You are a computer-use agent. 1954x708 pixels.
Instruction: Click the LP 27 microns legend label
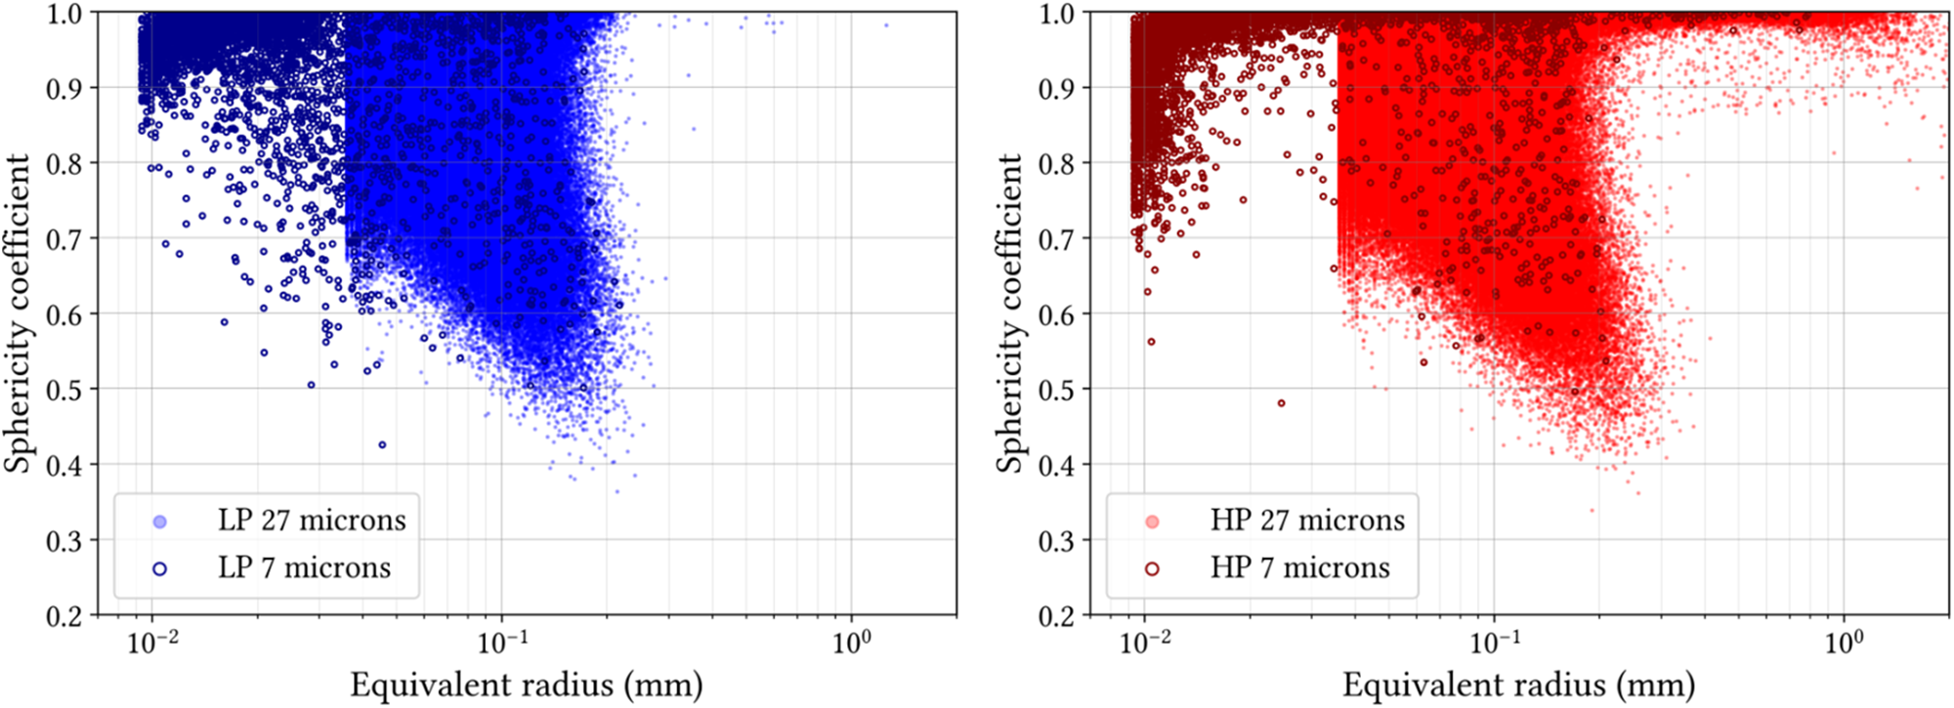point(311,521)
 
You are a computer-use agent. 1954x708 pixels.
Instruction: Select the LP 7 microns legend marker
point(159,568)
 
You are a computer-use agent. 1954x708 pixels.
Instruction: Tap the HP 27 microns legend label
point(1307,521)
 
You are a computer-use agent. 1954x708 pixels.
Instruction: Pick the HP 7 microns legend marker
point(1152,568)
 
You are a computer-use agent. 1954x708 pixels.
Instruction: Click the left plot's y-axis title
point(18,312)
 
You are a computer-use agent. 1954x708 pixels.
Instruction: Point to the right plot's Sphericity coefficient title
point(1010,312)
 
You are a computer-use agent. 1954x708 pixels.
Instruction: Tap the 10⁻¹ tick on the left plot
point(501,644)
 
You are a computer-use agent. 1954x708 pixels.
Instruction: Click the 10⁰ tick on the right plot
point(1843,644)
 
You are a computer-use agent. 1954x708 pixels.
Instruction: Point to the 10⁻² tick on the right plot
point(1144,644)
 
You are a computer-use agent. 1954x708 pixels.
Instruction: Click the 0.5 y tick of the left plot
point(65,390)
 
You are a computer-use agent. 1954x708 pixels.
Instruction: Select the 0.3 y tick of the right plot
point(1058,540)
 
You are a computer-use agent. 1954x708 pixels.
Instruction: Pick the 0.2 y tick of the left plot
point(65,615)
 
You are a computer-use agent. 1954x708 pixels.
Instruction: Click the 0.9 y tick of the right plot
point(1058,89)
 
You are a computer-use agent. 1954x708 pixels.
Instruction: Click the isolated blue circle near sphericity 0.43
point(382,445)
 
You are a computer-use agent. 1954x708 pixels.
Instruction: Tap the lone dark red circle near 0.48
point(1282,403)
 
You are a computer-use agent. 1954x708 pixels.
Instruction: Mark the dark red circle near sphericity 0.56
point(1151,342)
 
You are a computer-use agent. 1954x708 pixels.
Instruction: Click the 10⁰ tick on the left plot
point(851,644)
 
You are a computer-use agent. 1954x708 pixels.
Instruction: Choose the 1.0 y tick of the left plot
point(65,14)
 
